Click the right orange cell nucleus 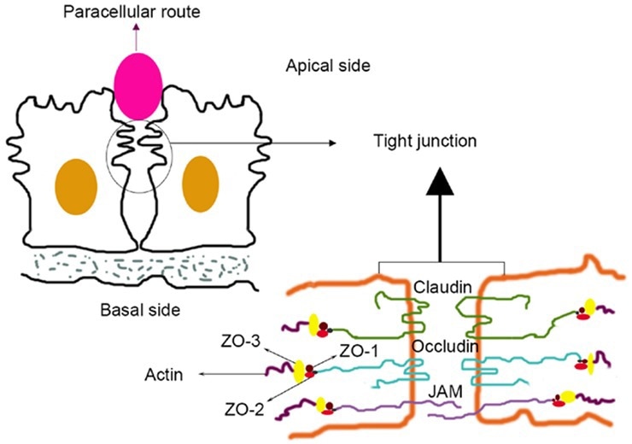(202, 183)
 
